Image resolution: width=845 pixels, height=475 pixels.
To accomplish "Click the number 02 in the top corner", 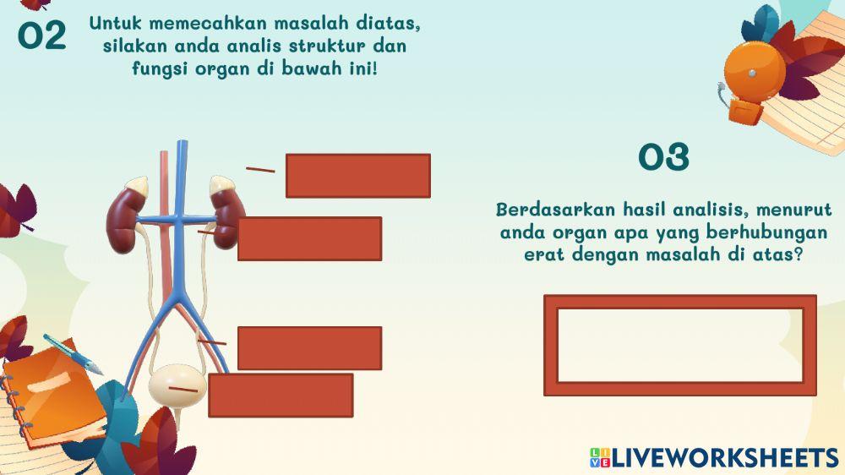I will click(x=42, y=35).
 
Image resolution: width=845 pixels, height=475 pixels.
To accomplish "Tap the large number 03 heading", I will click(x=664, y=157).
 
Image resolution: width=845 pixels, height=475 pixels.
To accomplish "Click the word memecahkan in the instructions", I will click(x=200, y=24).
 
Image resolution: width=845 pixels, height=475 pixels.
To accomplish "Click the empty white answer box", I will click(x=679, y=345).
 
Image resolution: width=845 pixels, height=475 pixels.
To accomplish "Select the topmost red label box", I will click(x=357, y=176).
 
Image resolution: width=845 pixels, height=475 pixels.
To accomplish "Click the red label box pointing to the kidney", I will click(x=309, y=238).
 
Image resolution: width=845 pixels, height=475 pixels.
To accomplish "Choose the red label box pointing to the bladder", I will click(x=281, y=395).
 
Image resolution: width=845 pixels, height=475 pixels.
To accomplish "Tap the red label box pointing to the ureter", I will click(x=309, y=347).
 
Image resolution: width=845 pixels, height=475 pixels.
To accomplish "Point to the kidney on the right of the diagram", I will click(x=227, y=216).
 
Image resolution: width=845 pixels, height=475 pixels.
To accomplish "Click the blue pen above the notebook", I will click(x=72, y=354).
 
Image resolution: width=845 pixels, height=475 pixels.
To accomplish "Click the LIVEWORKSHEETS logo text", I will click(x=723, y=457).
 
